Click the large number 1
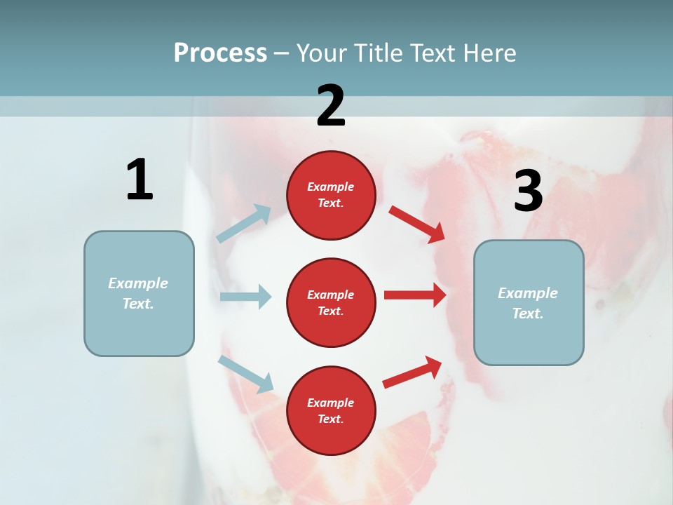coord(140,180)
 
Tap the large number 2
coord(331,106)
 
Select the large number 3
coord(528,191)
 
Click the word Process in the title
coord(220,53)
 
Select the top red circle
coord(331,195)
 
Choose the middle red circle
coord(331,302)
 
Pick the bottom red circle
coord(331,410)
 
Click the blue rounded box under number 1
coord(139,293)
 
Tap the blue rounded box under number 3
coord(529,302)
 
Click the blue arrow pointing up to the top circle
coord(244,224)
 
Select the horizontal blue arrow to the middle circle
coord(245,297)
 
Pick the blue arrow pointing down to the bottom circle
coord(245,374)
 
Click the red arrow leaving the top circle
coord(416,224)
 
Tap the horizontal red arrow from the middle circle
coord(415,295)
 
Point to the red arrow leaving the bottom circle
coord(412,372)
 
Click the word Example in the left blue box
coord(138,283)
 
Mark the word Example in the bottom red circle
coord(331,403)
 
